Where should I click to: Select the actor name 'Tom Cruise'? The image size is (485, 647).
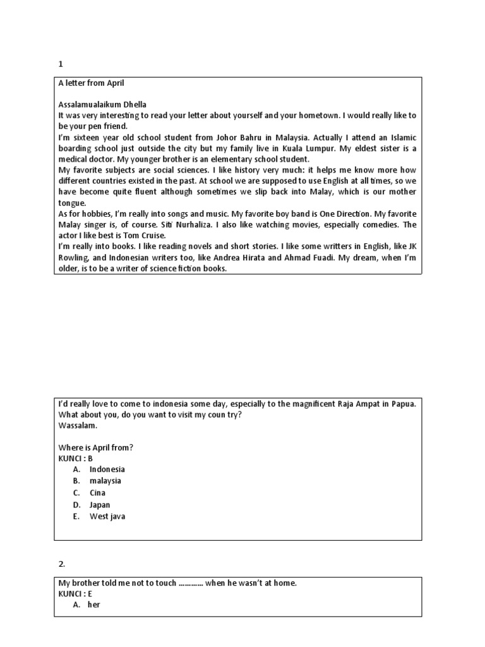(135, 236)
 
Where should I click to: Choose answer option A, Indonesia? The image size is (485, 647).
(107, 469)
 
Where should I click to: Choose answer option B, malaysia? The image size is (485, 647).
(105, 481)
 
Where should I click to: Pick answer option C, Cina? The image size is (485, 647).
(97, 493)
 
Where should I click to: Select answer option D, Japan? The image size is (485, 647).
(100, 505)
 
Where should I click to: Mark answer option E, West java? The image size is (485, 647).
(107, 516)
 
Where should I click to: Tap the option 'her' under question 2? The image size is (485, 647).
(93, 605)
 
